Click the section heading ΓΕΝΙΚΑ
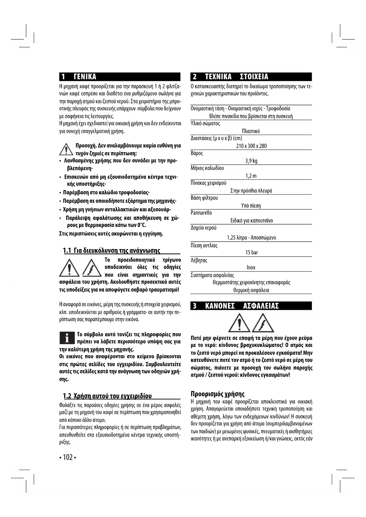point(85,77)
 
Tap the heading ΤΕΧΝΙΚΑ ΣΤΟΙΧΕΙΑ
point(236,77)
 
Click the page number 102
point(68,457)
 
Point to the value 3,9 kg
point(251,161)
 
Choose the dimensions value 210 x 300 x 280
point(251,146)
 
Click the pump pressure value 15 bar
point(252,253)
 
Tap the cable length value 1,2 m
point(251,176)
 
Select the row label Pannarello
point(201,213)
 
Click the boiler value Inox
point(251,268)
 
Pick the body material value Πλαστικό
point(251,131)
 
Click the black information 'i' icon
point(67,338)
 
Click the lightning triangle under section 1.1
point(92,267)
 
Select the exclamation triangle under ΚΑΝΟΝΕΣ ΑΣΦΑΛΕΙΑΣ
point(239,323)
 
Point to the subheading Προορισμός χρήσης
point(218,394)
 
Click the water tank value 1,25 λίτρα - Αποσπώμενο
point(251,238)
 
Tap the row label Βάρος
point(197,153)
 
